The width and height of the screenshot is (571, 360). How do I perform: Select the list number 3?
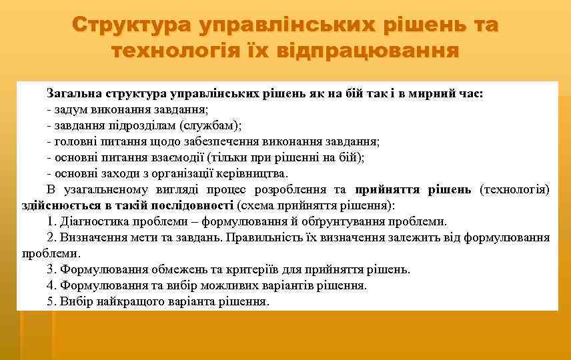(51, 269)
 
